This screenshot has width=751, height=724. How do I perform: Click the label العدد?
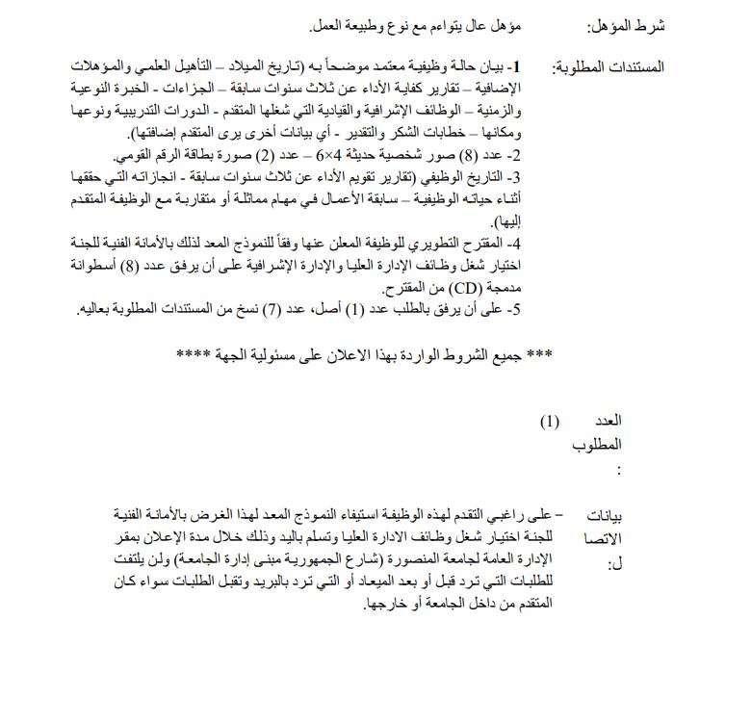606,421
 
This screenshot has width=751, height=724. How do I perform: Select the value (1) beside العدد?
549,421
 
